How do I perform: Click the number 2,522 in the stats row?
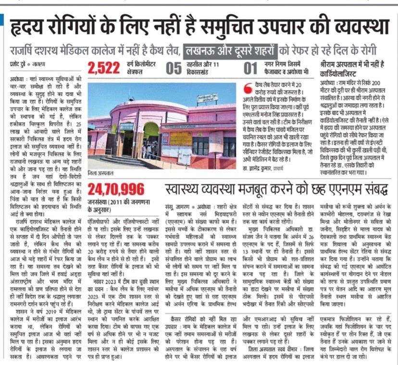coord(103,69)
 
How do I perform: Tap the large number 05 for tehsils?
coord(174,69)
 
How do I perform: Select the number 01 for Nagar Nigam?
coord(250,69)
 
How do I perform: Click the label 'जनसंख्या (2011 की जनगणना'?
coord(115,202)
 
